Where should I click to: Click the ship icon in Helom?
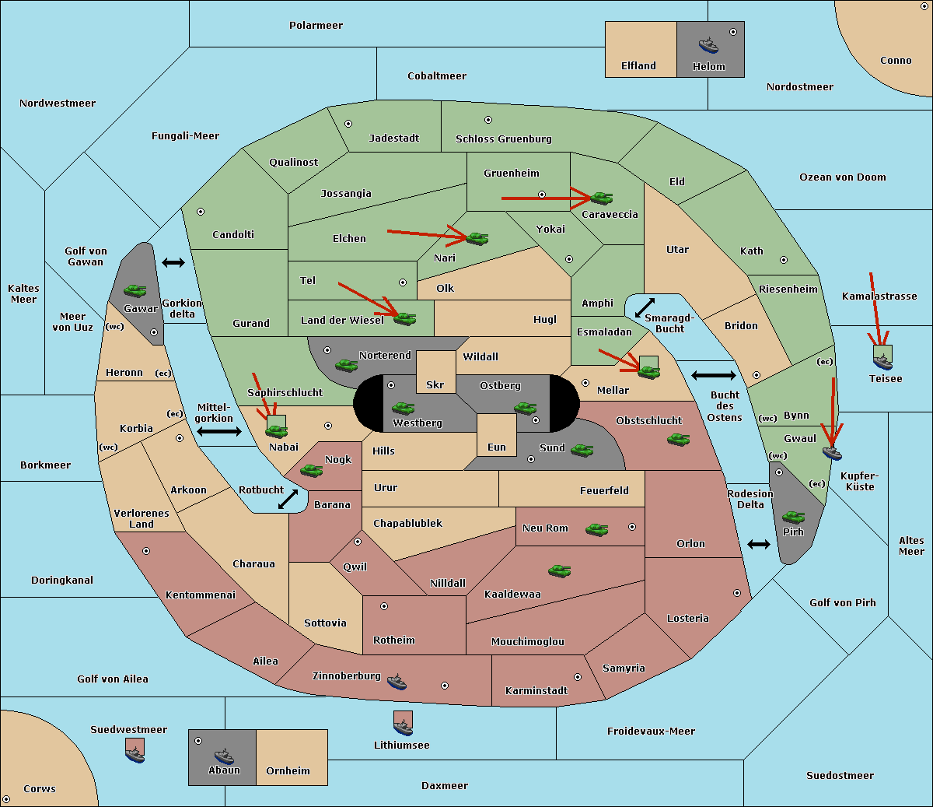[x=708, y=46]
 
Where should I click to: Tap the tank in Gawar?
[x=135, y=290]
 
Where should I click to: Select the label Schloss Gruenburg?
[x=503, y=139]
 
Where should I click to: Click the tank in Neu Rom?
[x=596, y=529]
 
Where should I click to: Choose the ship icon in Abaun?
[x=225, y=756]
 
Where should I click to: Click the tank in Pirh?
[x=794, y=517]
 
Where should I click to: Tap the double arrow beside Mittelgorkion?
[x=219, y=431]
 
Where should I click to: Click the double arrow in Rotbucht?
[x=288, y=499]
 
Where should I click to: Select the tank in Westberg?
[x=404, y=409]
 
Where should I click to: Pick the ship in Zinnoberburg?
[x=397, y=682]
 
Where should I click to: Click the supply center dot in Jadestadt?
[x=348, y=124]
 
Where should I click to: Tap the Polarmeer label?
[x=316, y=26]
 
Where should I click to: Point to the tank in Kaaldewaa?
[x=559, y=571]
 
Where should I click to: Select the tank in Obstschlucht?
[x=679, y=439]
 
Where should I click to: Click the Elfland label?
[x=638, y=66]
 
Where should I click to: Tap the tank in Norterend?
[x=346, y=365]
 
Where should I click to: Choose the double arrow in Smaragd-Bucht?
[x=645, y=307]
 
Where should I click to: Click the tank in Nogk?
[x=312, y=471]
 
